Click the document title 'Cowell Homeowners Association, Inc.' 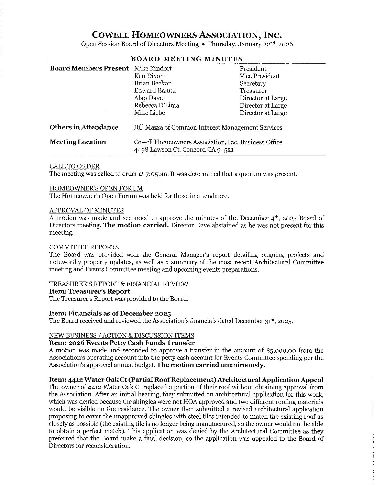[x=187, y=35]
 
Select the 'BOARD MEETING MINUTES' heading [x=187, y=59]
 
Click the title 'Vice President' [x=260, y=76]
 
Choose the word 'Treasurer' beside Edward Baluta [x=253, y=91]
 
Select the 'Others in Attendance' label [x=84, y=127]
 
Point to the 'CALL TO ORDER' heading [x=75, y=166]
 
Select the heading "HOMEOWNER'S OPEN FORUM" [x=96, y=188]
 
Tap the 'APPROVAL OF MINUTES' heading [x=87, y=210]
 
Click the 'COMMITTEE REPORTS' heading [x=84, y=247]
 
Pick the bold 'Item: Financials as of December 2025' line [x=110, y=313]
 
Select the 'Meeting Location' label [x=78, y=142]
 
